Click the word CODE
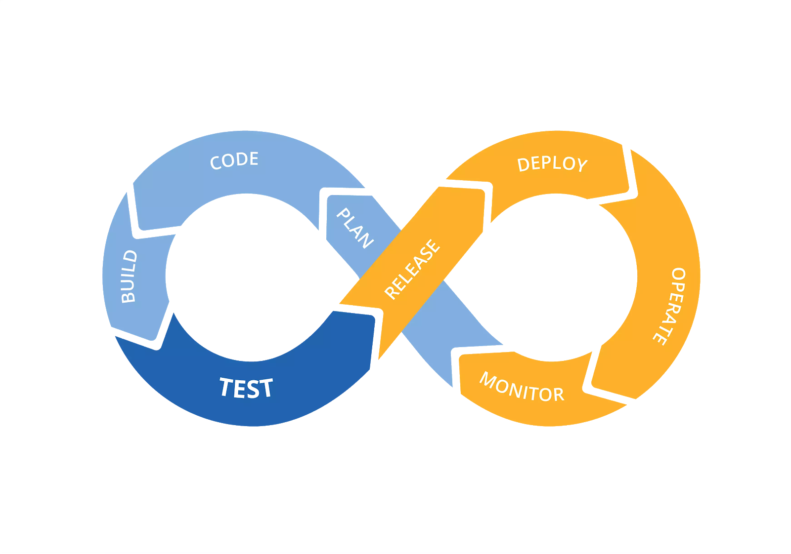[x=234, y=160]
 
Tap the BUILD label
[x=129, y=277]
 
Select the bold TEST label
[x=246, y=388]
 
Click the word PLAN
[x=355, y=228]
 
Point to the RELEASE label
[x=412, y=269]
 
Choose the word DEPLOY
[x=552, y=164]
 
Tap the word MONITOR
[x=522, y=388]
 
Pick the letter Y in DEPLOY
[x=581, y=165]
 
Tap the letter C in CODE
[x=216, y=163]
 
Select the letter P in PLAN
[x=343, y=214]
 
